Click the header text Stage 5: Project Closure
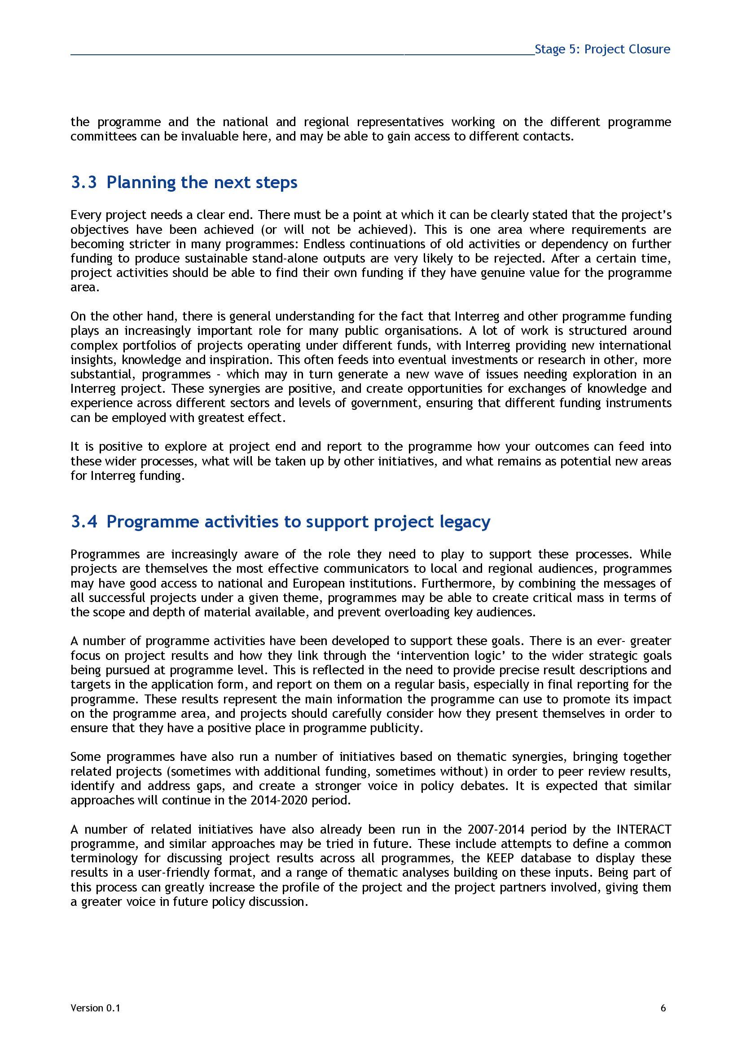pos(602,49)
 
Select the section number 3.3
pos(83,182)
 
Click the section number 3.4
pos(83,521)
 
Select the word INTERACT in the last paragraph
pos(644,829)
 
